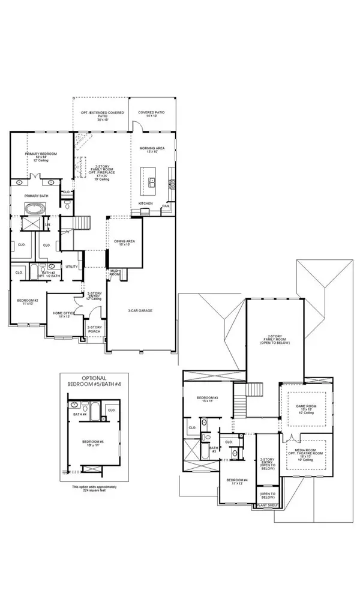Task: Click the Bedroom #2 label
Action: pos(26,301)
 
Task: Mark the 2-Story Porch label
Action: pos(94,329)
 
